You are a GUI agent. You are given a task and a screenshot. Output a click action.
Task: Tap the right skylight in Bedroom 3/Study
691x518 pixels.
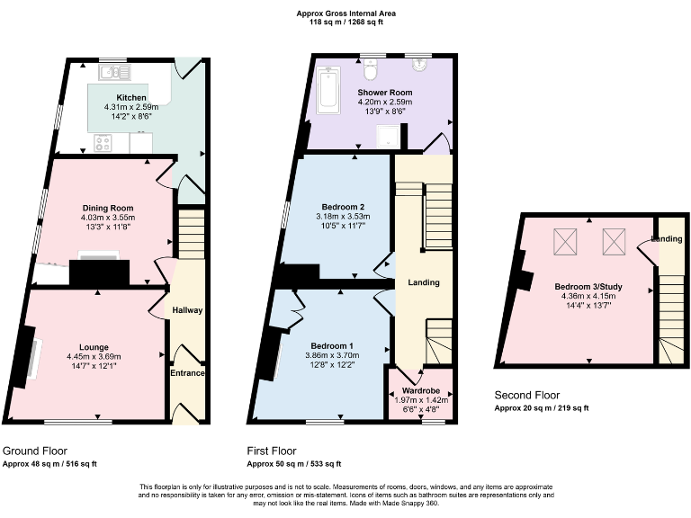pos(615,240)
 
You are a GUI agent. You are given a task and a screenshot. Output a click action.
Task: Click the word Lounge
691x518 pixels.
pos(94,347)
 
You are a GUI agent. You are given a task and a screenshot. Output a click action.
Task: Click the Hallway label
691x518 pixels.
pos(188,310)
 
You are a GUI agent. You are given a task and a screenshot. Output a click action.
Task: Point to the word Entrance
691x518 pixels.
pos(187,373)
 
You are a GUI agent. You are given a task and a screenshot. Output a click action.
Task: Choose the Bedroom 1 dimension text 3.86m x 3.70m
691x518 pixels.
pos(333,355)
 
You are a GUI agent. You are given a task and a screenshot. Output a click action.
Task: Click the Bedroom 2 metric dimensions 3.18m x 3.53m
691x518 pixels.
pos(337,217)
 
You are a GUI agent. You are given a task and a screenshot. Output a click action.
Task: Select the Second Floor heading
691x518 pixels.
pos(527,395)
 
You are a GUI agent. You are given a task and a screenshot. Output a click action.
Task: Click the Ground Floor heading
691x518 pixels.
pos(35,451)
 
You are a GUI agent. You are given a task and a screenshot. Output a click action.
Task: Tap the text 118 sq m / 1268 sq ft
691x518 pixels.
pos(345,22)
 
